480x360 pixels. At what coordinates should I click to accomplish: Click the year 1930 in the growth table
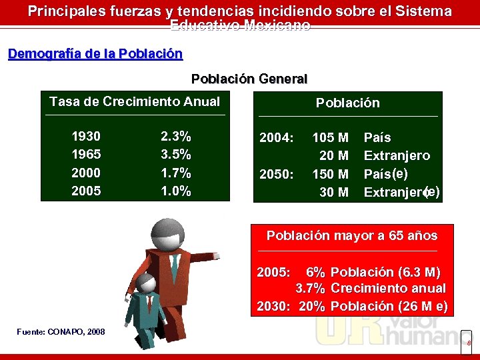86,137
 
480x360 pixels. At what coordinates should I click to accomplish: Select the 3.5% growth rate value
176,155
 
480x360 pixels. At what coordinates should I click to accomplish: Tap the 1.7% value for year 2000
176,173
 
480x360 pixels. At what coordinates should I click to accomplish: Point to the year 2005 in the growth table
86,191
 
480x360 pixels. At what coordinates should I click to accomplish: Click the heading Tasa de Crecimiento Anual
135,102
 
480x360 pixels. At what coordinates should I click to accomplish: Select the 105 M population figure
331,138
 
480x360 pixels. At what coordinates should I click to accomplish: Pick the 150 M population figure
331,174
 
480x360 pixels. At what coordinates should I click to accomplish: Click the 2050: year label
276,174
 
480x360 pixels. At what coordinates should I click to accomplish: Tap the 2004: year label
276,138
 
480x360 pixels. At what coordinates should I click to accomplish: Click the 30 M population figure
334,193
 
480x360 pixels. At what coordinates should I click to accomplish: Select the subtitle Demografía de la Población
95,54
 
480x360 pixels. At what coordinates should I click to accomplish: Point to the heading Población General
249,79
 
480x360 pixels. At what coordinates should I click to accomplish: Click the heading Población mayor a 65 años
352,235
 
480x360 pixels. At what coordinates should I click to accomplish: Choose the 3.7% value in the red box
311,289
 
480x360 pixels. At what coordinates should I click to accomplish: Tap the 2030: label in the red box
273,307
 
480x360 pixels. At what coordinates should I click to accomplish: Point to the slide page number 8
468,343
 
